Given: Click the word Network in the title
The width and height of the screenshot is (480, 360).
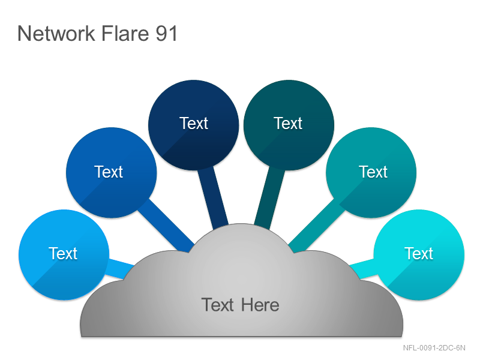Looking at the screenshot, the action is click(x=56, y=33).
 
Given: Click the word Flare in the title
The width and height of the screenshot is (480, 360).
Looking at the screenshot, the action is click(x=125, y=33).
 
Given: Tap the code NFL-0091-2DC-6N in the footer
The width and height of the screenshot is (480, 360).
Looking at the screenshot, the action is click(x=434, y=348).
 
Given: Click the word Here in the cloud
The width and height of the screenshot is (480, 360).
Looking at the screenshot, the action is click(x=260, y=305).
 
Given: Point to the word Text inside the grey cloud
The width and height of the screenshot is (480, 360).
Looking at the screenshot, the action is click(x=218, y=305).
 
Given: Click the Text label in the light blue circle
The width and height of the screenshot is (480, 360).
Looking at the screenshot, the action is click(x=63, y=253).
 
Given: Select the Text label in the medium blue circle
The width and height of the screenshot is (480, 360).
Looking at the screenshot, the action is click(x=109, y=172).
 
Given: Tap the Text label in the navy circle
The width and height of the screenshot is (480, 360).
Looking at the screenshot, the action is click(x=193, y=124).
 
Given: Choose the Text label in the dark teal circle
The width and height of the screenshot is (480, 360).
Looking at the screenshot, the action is click(x=288, y=124).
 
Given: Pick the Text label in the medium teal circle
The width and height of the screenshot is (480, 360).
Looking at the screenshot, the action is click(x=373, y=172).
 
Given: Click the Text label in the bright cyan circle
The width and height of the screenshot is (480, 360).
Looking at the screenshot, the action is click(x=419, y=253).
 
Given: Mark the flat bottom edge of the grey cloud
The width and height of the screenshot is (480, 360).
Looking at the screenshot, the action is click(x=242, y=337).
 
